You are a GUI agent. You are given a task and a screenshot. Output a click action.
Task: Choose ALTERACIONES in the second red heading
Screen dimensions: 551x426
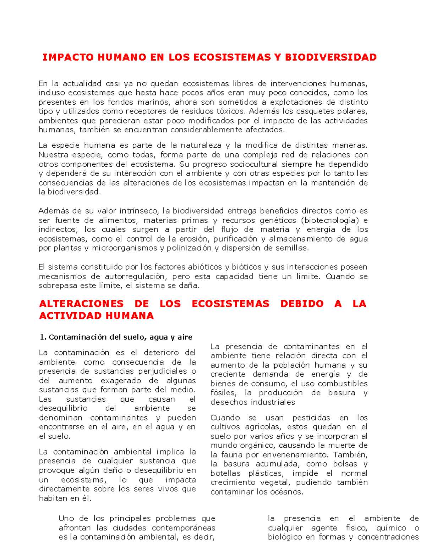pyautogui.click(x=81, y=304)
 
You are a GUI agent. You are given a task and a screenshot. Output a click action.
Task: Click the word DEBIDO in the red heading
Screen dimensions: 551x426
pyautogui.click(x=302, y=304)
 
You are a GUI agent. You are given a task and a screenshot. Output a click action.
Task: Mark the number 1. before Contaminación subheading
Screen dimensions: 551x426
pyautogui.click(x=43, y=337)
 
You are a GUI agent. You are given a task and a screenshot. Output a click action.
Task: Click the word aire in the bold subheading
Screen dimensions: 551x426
pyautogui.click(x=185, y=337)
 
